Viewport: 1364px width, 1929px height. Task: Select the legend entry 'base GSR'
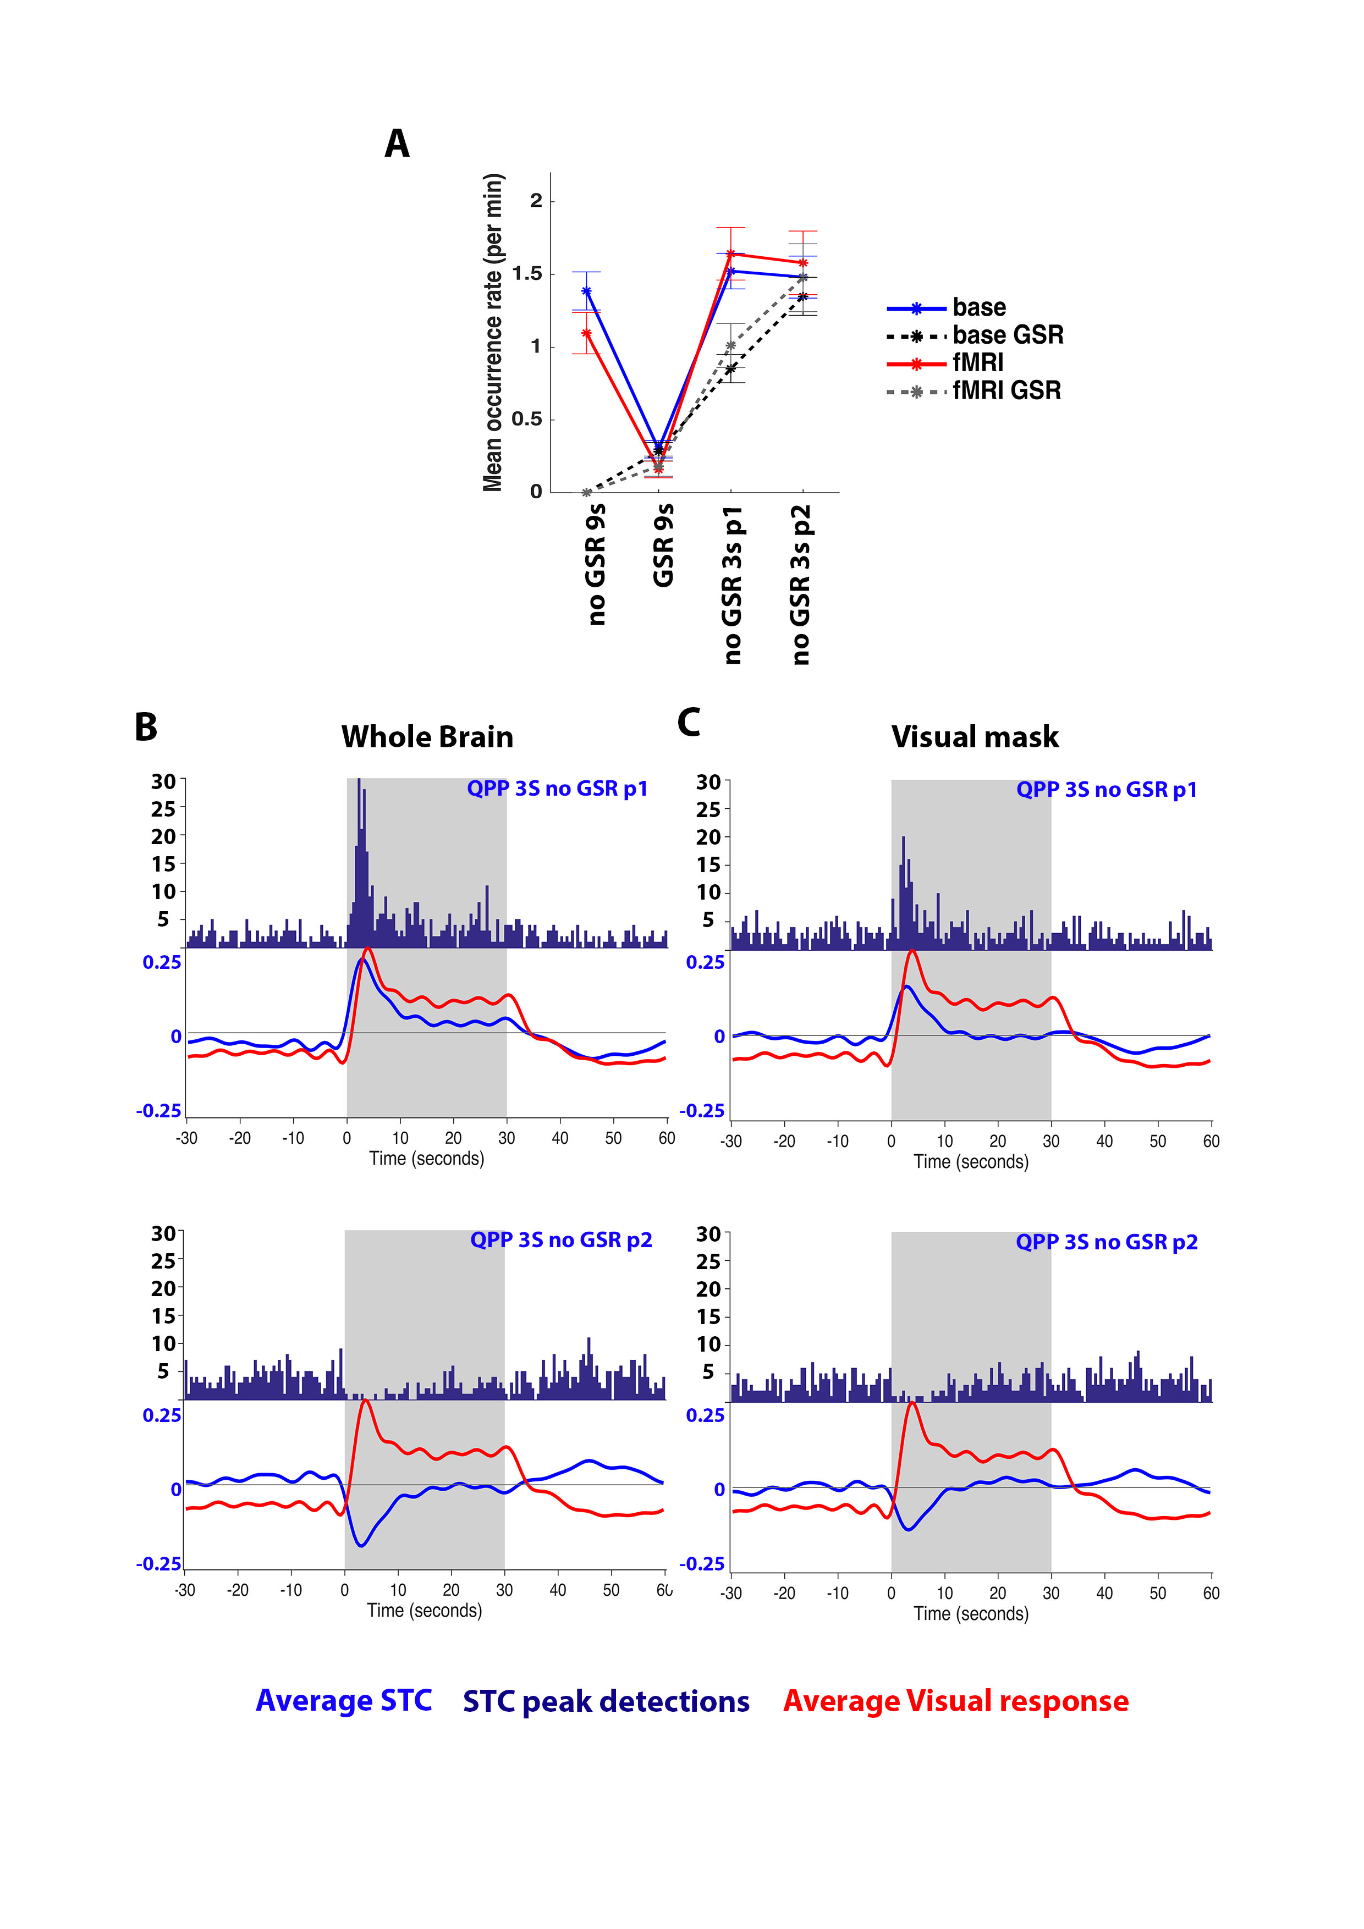[x=1007, y=335]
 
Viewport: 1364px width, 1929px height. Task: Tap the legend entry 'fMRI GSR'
[x=1006, y=390]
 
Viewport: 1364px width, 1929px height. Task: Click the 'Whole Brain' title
[x=427, y=737]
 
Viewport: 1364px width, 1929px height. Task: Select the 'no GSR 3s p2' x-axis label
[x=801, y=585]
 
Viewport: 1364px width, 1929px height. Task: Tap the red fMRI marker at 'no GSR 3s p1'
[x=730, y=253]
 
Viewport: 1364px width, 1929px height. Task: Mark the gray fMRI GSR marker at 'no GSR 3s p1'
[x=730, y=345]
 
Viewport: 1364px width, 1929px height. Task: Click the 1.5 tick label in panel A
[x=527, y=274]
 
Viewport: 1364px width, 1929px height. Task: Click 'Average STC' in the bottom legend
[x=344, y=1700]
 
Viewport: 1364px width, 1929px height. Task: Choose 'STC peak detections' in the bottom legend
[x=606, y=1701]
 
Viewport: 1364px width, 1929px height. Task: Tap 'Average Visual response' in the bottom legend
[x=955, y=1701]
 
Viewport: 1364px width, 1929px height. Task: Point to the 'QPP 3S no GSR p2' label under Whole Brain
[x=560, y=1240]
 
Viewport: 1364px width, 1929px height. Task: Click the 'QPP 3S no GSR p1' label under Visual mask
[x=1106, y=790]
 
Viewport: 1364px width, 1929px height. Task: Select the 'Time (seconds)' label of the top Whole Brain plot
[x=426, y=1159]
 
